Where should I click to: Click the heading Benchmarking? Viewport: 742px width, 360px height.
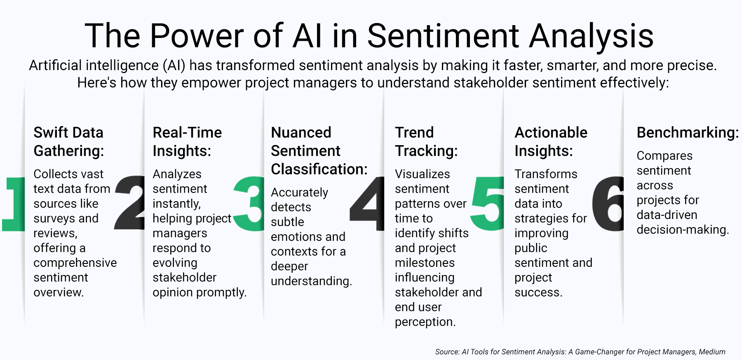click(x=688, y=133)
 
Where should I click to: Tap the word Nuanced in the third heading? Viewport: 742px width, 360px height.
click(x=301, y=133)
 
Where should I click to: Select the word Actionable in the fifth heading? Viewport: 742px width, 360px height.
click(x=551, y=133)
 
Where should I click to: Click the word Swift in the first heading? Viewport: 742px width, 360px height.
click(x=51, y=133)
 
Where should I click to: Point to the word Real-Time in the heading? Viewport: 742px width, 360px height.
click(x=187, y=133)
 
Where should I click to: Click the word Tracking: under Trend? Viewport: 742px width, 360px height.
click(x=426, y=151)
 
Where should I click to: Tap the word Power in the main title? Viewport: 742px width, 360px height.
click(x=196, y=36)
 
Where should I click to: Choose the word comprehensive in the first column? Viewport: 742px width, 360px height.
click(x=75, y=263)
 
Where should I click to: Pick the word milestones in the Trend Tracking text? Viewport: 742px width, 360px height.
click(x=425, y=263)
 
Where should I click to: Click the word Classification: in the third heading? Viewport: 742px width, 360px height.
click(x=319, y=169)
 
